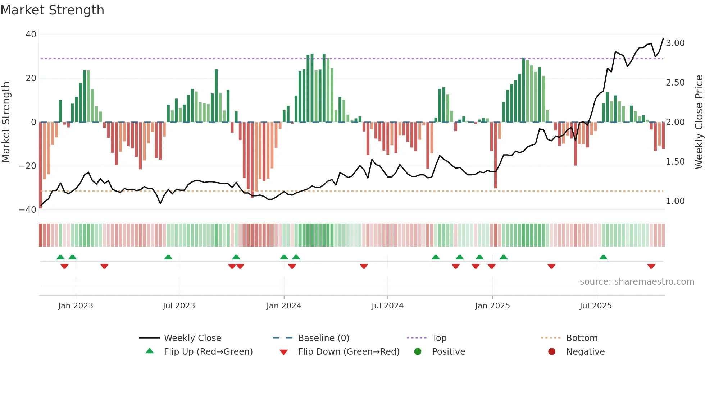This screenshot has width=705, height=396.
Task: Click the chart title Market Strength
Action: click(52, 10)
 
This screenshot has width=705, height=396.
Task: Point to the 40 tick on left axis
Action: click(31, 34)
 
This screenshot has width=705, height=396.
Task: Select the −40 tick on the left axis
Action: click(28, 210)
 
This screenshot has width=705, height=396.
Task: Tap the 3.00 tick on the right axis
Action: click(675, 43)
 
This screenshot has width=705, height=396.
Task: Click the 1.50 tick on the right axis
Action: click(675, 162)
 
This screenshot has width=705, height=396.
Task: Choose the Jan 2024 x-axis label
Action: click(283, 306)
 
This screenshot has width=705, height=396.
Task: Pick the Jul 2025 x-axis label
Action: click(595, 306)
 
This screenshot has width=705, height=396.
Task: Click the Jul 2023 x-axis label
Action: click(179, 306)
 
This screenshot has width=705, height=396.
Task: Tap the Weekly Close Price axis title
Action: click(699, 122)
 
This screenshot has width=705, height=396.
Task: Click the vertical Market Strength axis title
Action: click(6, 122)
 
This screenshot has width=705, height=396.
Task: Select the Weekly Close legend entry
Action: click(192, 338)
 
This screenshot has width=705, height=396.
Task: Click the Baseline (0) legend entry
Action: click(323, 338)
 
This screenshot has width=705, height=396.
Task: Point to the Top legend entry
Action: click(439, 338)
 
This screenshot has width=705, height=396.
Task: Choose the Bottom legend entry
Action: click(582, 338)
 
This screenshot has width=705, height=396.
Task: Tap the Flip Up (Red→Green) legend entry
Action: click(208, 352)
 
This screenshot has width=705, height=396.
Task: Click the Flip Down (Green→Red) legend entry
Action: click(349, 352)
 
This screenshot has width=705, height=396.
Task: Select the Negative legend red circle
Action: click(552, 352)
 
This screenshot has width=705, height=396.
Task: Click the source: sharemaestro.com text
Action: click(637, 282)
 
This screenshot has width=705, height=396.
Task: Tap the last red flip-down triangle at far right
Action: click(651, 266)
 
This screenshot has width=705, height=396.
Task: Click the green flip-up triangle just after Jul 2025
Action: click(603, 257)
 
